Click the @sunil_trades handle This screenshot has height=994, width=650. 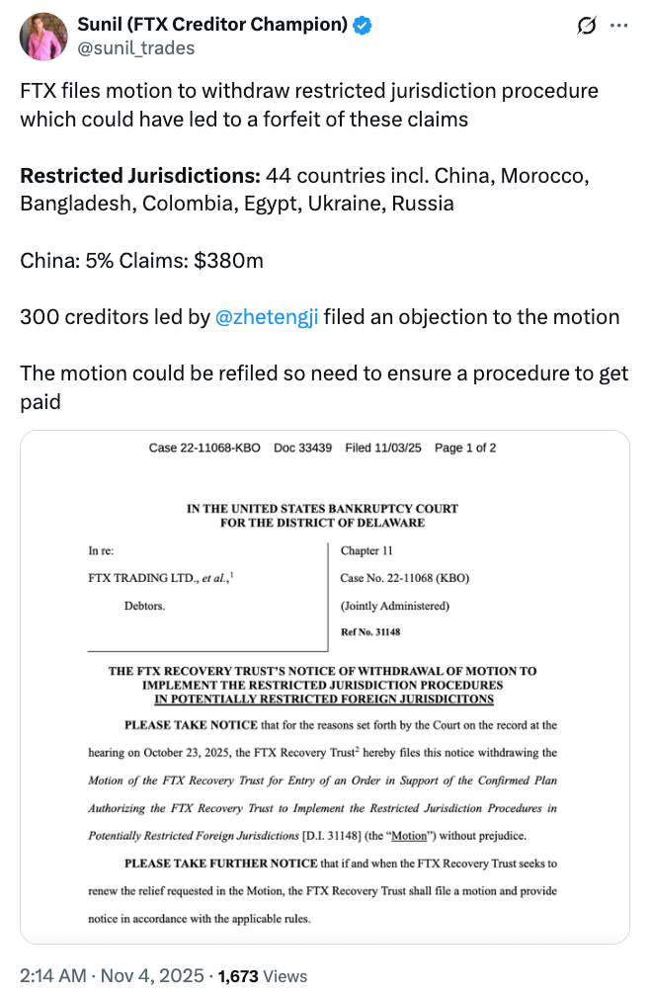(136, 48)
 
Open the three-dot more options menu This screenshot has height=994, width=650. (619, 27)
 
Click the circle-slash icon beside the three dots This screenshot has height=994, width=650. (586, 27)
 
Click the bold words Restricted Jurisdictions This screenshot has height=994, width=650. (138, 176)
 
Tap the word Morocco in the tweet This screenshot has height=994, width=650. (545, 176)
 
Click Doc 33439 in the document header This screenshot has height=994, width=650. (302, 448)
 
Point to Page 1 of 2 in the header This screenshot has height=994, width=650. (465, 448)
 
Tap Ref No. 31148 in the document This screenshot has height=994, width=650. (371, 631)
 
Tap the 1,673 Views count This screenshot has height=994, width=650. (263, 976)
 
